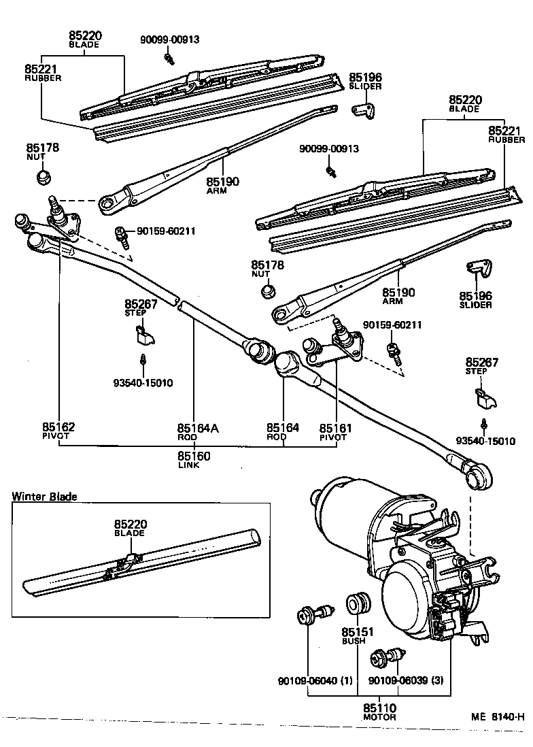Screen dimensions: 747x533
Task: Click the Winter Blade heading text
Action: pos(44,497)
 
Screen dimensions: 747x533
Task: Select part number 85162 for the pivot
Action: pos(58,427)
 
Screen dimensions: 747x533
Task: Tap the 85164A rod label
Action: pos(198,428)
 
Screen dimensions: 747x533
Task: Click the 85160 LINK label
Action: pos(194,456)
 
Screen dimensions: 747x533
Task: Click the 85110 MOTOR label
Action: pos(379,709)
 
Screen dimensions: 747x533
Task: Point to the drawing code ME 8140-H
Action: pos(498,716)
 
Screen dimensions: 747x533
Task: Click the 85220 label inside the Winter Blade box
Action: pos(131,525)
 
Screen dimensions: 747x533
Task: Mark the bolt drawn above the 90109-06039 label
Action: pos(385,657)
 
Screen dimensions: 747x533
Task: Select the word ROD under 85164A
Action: pos(188,437)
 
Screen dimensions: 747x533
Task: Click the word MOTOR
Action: pos(379,717)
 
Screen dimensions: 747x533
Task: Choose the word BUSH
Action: pos(354,640)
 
